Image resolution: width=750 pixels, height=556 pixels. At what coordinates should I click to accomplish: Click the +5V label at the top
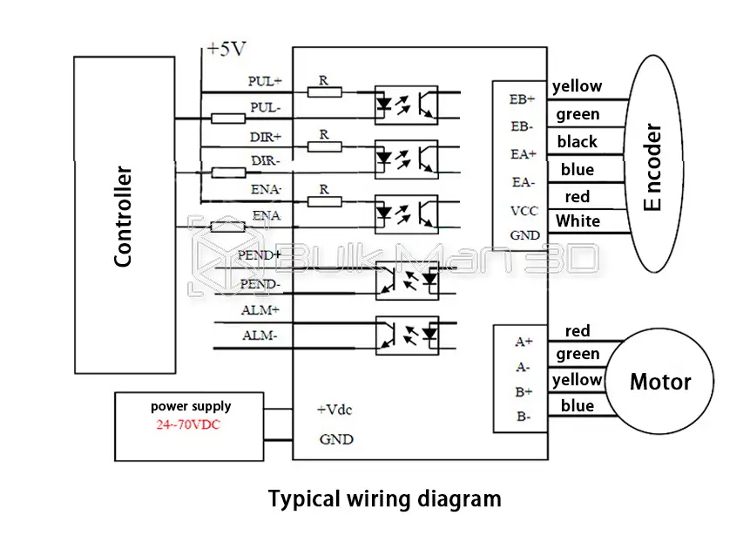pyautogui.click(x=226, y=50)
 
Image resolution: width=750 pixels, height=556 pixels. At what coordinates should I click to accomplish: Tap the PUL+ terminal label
pyautogui.click(x=265, y=81)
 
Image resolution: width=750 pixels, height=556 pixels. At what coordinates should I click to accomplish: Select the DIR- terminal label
pyautogui.click(x=266, y=160)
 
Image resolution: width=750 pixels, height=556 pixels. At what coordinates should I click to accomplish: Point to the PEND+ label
pyautogui.click(x=260, y=255)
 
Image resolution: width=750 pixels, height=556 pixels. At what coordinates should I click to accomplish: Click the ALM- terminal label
pyautogui.click(x=260, y=336)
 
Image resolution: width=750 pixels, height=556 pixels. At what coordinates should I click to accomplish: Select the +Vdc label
pyautogui.click(x=334, y=409)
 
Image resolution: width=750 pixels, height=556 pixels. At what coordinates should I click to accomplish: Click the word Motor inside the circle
pyautogui.click(x=660, y=382)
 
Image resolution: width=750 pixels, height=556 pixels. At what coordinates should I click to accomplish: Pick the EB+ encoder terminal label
pyautogui.click(x=522, y=98)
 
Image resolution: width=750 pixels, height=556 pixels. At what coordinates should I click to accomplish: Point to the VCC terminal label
pyautogui.click(x=524, y=210)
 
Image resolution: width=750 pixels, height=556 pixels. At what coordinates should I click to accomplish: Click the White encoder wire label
pyautogui.click(x=578, y=220)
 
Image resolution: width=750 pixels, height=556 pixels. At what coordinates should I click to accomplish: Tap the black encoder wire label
pyautogui.click(x=578, y=141)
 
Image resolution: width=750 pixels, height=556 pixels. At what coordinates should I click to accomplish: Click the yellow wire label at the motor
pyautogui.click(x=577, y=379)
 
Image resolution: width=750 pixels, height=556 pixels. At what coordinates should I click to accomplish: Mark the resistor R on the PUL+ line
pyautogui.click(x=324, y=90)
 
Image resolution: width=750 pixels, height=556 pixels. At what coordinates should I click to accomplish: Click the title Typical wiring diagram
pyautogui.click(x=384, y=499)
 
